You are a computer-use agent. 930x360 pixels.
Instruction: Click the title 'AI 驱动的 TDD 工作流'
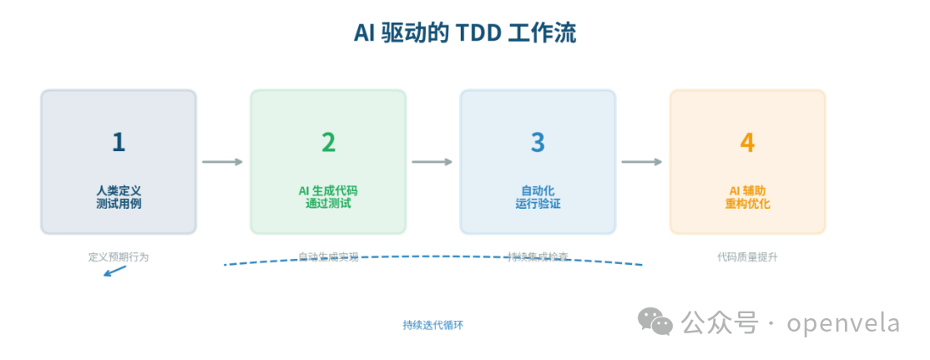tap(465, 33)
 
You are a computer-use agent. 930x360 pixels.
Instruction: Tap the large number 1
tap(119, 142)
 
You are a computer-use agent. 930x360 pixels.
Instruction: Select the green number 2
tap(328, 142)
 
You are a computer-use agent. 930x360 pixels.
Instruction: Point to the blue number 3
tap(538, 142)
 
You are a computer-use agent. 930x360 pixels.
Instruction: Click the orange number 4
tap(747, 142)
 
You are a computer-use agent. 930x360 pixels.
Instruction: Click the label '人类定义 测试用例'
tap(119, 197)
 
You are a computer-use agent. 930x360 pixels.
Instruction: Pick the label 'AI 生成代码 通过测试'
tap(328, 197)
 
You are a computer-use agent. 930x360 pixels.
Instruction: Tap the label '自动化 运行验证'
tap(538, 197)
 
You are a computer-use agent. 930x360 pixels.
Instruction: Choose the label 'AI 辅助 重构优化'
tap(747, 197)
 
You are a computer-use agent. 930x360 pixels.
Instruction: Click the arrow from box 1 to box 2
tap(223, 162)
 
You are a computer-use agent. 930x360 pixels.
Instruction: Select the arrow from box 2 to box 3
tap(432, 162)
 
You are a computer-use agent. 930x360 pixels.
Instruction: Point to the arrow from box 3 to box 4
tap(642, 162)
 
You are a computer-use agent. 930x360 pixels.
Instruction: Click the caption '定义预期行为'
tap(119, 257)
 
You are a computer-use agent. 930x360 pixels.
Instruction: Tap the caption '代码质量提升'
tap(747, 257)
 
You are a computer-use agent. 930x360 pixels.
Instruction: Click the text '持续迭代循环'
tap(432, 325)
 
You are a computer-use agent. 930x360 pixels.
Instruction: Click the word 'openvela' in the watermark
tap(843, 322)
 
